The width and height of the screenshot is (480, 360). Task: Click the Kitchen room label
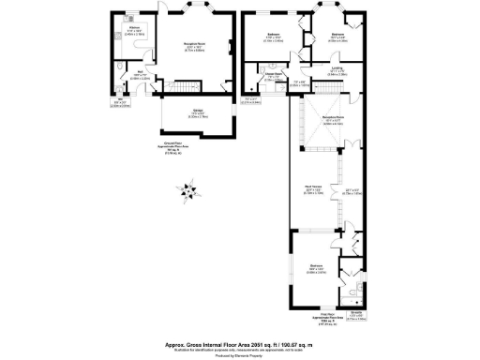pos(134,30)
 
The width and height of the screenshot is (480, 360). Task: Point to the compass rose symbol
pos(190,192)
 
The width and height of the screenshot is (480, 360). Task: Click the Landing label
pos(337,69)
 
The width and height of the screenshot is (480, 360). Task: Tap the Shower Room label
pos(274,77)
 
